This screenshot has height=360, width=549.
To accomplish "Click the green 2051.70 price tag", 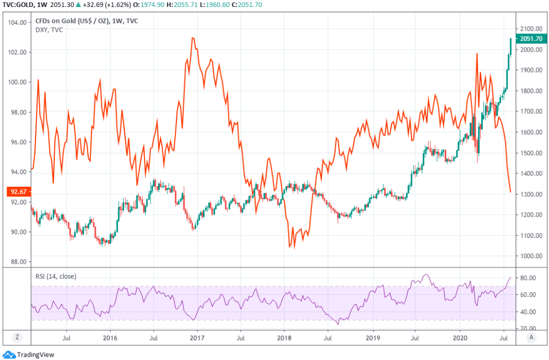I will [x=530, y=38].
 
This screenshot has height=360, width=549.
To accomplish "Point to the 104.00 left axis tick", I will [x=17, y=23].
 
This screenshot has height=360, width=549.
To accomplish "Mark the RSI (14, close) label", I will [x=55, y=277].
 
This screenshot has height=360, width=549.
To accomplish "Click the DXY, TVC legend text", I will [x=48, y=30].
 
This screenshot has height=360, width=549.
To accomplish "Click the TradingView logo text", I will [x=35, y=355].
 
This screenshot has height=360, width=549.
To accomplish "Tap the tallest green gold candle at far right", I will [x=510, y=46].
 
